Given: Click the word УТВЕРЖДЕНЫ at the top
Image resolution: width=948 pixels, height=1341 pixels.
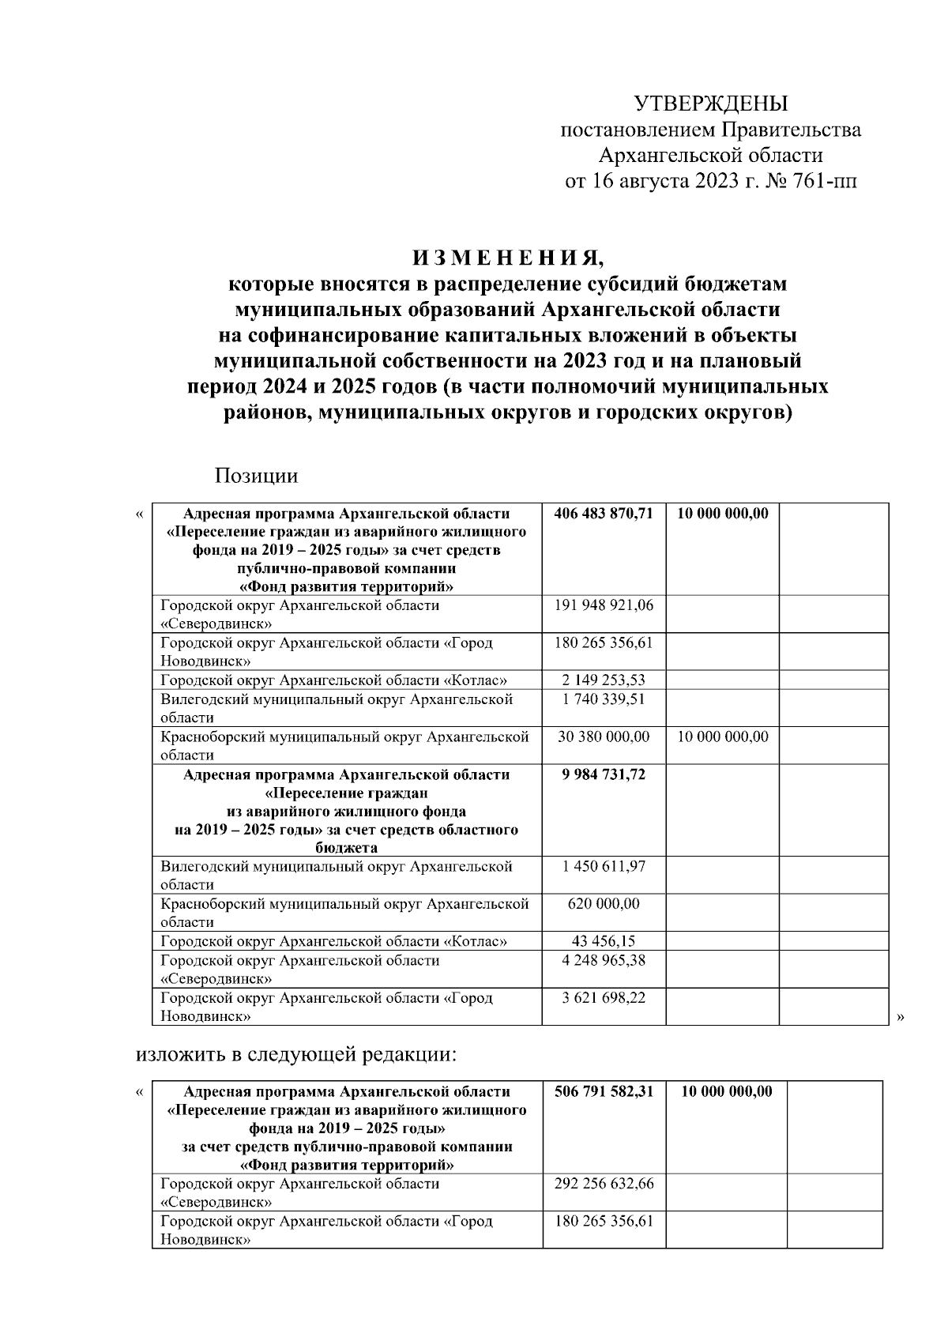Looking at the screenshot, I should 711,104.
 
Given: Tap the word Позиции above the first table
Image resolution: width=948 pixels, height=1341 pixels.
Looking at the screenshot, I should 256,476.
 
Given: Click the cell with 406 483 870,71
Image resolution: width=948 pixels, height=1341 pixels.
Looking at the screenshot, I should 604,514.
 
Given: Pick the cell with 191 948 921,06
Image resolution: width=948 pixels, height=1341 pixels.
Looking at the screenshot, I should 604,605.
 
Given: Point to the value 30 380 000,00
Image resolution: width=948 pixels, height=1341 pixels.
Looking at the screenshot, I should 604,736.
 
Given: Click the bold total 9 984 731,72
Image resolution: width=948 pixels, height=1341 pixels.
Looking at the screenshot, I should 604,774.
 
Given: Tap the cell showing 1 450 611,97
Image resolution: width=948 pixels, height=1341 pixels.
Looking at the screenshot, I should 604,867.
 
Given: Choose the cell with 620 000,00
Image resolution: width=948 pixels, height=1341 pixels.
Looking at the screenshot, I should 604,904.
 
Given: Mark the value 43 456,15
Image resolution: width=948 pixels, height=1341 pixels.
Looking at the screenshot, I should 604,941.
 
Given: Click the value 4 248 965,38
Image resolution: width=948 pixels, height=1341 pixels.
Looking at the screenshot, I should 604,960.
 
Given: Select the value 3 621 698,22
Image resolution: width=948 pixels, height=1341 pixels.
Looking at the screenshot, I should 604,997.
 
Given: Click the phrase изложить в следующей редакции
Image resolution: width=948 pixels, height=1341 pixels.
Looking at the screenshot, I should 297,1054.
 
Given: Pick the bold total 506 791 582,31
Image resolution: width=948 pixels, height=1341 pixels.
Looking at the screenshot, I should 604,1092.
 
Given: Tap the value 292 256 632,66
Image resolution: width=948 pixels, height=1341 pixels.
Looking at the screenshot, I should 604,1184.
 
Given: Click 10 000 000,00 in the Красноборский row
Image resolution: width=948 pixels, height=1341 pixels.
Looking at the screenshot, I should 722,736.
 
